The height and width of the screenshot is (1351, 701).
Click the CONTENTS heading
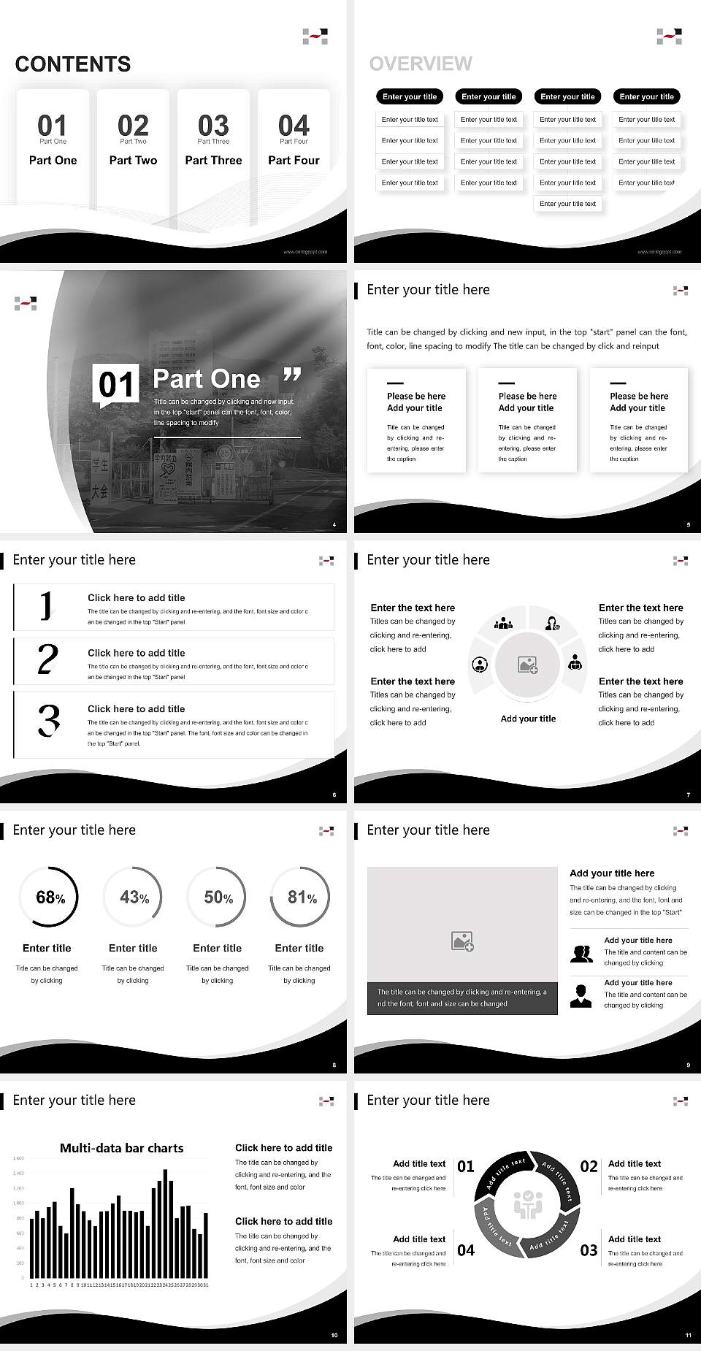(72, 64)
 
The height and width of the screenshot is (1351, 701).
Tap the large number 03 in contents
(213, 125)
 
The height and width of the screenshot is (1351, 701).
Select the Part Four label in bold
(294, 160)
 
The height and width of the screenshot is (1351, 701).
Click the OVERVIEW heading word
(421, 64)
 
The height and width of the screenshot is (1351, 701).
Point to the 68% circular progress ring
(47, 897)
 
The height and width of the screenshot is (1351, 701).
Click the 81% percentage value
(302, 897)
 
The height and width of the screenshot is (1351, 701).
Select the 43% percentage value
(134, 897)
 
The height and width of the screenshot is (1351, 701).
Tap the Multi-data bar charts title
(121, 1148)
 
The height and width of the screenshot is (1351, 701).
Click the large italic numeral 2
(47, 659)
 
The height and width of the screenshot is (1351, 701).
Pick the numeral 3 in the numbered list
(48, 720)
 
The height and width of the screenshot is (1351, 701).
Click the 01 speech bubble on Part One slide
(116, 385)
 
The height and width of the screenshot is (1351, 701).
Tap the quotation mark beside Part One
(292, 375)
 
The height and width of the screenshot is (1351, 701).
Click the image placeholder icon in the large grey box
(462, 941)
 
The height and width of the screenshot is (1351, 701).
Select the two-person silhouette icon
(581, 953)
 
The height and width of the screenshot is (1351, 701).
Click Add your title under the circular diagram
(528, 719)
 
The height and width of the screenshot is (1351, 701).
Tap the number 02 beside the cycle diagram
(589, 1166)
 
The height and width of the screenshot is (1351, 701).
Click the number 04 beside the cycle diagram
(466, 1250)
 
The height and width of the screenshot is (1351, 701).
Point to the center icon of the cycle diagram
(527, 1205)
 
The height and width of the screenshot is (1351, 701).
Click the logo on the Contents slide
(315, 37)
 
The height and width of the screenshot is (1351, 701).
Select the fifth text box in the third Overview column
(567, 204)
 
